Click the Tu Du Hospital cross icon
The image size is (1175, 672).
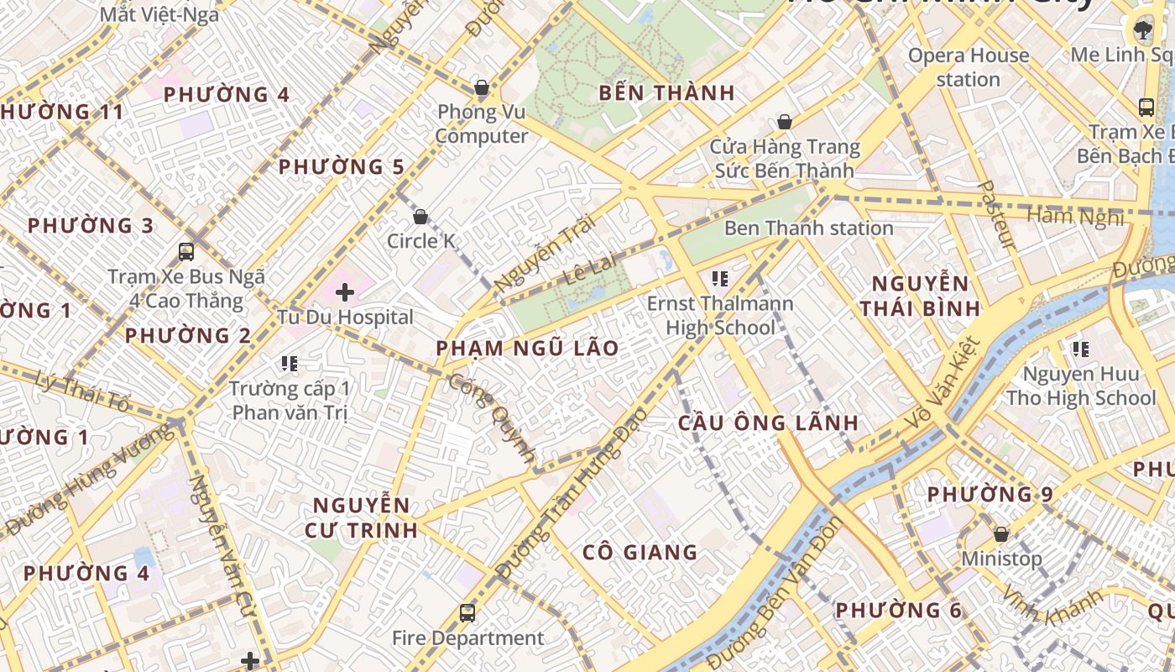coord(344,292)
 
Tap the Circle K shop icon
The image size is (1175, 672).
coord(420,217)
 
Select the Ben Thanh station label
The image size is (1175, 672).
coord(808,228)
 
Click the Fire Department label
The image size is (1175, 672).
coord(468,638)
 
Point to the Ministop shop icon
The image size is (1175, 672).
coord(1000,534)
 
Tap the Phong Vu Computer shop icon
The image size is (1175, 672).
coord(482,87)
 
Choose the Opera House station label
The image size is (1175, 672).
coord(969,67)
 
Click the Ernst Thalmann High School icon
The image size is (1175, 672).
coord(719,278)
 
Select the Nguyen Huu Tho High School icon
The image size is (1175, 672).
coord(1080,349)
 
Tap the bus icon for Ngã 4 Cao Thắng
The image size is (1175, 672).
coord(186,251)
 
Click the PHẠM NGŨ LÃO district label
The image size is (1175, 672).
coord(527,348)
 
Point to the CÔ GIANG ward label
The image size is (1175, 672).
coord(640,552)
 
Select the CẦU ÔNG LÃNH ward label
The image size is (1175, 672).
coord(768,423)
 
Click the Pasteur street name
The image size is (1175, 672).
coord(998,215)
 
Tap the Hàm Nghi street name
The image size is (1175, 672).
coord(1075,217)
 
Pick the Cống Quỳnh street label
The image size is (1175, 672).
coord(493,417)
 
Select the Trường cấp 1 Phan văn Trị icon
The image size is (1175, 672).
coord(290,364)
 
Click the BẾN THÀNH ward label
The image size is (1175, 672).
coord(666,92)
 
